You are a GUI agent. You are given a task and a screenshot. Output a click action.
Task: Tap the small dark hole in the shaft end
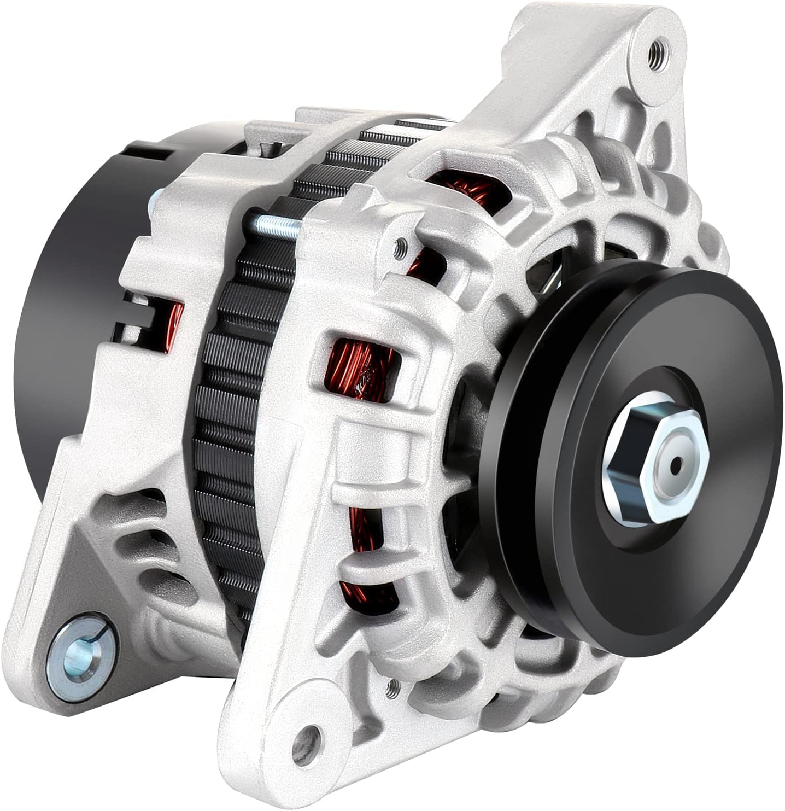tap(677, 465)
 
